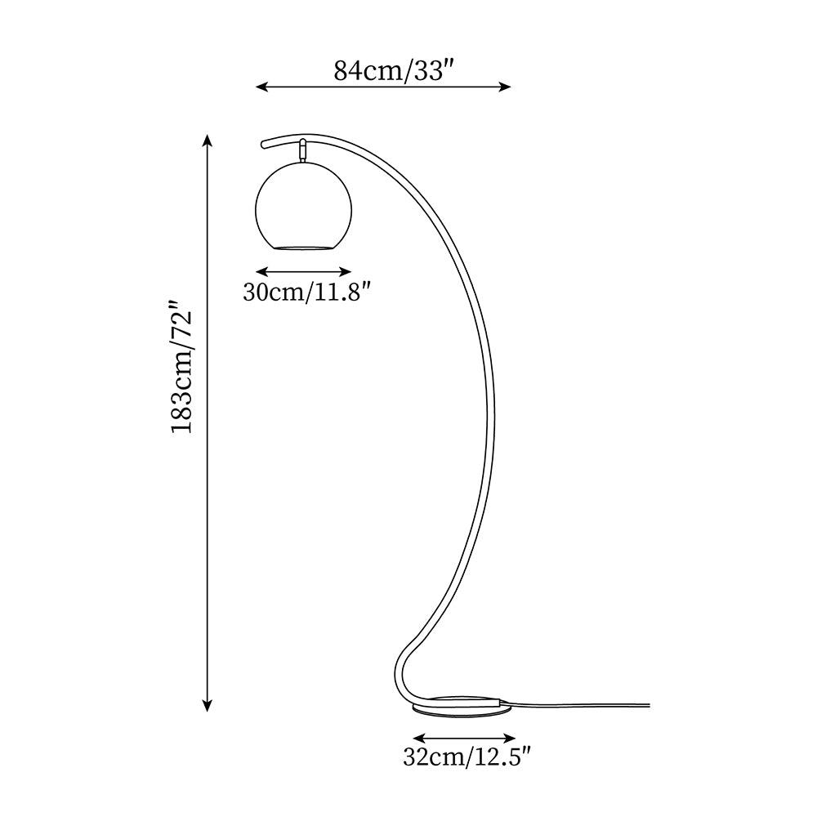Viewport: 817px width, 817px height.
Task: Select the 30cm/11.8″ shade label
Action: (313, 292)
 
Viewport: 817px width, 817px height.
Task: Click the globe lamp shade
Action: (304, 204)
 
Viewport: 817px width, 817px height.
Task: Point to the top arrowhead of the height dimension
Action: (208, 141)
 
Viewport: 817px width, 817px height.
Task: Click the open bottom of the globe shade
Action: (304, 246)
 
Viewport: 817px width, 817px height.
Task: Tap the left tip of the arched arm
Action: (263, 145)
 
